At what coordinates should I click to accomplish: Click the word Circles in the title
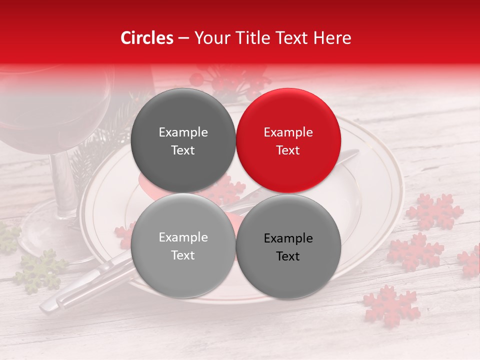point(147,38)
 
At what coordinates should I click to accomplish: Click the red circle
point(288,140)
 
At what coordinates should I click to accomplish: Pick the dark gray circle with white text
point(183,140)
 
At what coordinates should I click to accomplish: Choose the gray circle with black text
point(288,247)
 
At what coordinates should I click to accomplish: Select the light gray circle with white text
point(183,246)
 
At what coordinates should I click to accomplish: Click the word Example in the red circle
point(288,132)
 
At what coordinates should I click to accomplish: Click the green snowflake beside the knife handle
point(39,270)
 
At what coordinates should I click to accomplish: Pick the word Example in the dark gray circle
point(183,132)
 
